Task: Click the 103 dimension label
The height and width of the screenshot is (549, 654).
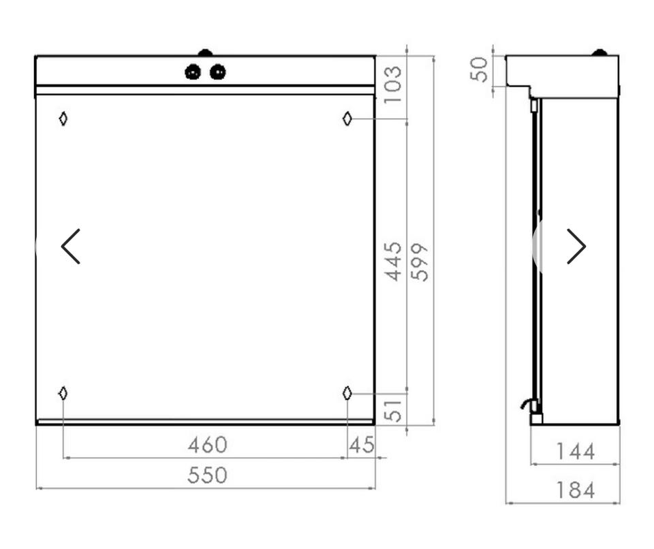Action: tap(392, 84)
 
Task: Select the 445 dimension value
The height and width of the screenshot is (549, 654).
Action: tap(392, 261)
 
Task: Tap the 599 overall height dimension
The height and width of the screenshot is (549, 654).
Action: tap(420, 262)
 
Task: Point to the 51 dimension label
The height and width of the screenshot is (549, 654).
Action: tap(392, 411)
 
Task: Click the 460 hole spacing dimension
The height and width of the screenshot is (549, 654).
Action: tap(207, 445)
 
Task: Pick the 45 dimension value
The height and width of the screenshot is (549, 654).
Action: tap(362, 445)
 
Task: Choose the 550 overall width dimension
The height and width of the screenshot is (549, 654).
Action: tap(207, 475)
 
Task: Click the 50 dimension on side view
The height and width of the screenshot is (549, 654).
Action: tap(478, 69)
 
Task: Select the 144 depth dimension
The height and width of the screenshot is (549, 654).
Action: tap(576, 452)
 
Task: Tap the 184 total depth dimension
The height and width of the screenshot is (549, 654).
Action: tap(576, 490)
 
